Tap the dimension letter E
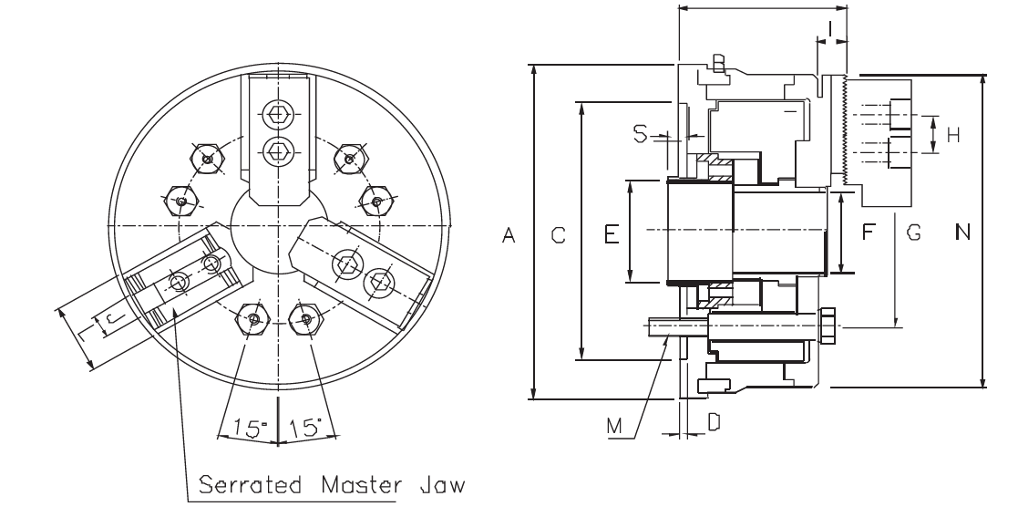[x=612, y=235]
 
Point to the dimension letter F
[x=868, y=233]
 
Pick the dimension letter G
[x=913, y=233]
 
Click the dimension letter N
[x=962, y=233]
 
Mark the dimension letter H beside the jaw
[x=953, y=136]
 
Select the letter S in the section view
[x=641, y=134]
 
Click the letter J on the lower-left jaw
[x=110, y=319]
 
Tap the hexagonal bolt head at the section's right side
[x=829, y=327]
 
